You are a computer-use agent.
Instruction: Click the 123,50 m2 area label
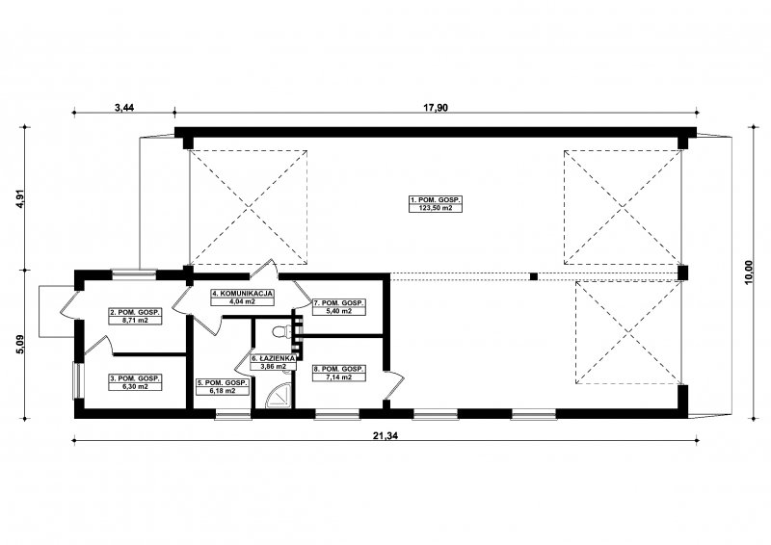click(x=436, y=208)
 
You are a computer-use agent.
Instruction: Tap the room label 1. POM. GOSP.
click(x=436, y=200)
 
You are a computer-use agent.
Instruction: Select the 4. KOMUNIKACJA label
click(x=243, y=294)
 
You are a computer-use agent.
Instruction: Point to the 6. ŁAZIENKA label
click(x=273, y=359)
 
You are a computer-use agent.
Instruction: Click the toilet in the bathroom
click(x=279, y=331)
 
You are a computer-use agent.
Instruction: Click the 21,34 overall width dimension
click(x=385, y=433)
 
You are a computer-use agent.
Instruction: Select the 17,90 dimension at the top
click(x=436, y=108)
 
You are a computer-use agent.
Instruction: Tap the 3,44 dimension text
click(x=124, y=108)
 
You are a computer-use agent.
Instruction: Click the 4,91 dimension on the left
click(x=20, y=198)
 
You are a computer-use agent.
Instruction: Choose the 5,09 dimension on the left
click(x=20, y=345)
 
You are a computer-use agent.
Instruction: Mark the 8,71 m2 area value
click(x=135, y=320)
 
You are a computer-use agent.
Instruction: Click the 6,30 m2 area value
click(x=135, y=387)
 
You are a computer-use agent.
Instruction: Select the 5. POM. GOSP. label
click(x=223, y=383)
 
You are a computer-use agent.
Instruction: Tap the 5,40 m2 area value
click(x=339, y=311)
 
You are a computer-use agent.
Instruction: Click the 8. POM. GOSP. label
click(x=339, y=369)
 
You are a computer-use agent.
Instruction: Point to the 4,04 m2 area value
click(x=243, y=301)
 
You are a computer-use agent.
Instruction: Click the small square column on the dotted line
click(x=534, y=276)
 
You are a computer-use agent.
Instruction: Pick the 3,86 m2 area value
click(x=273, y=367)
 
